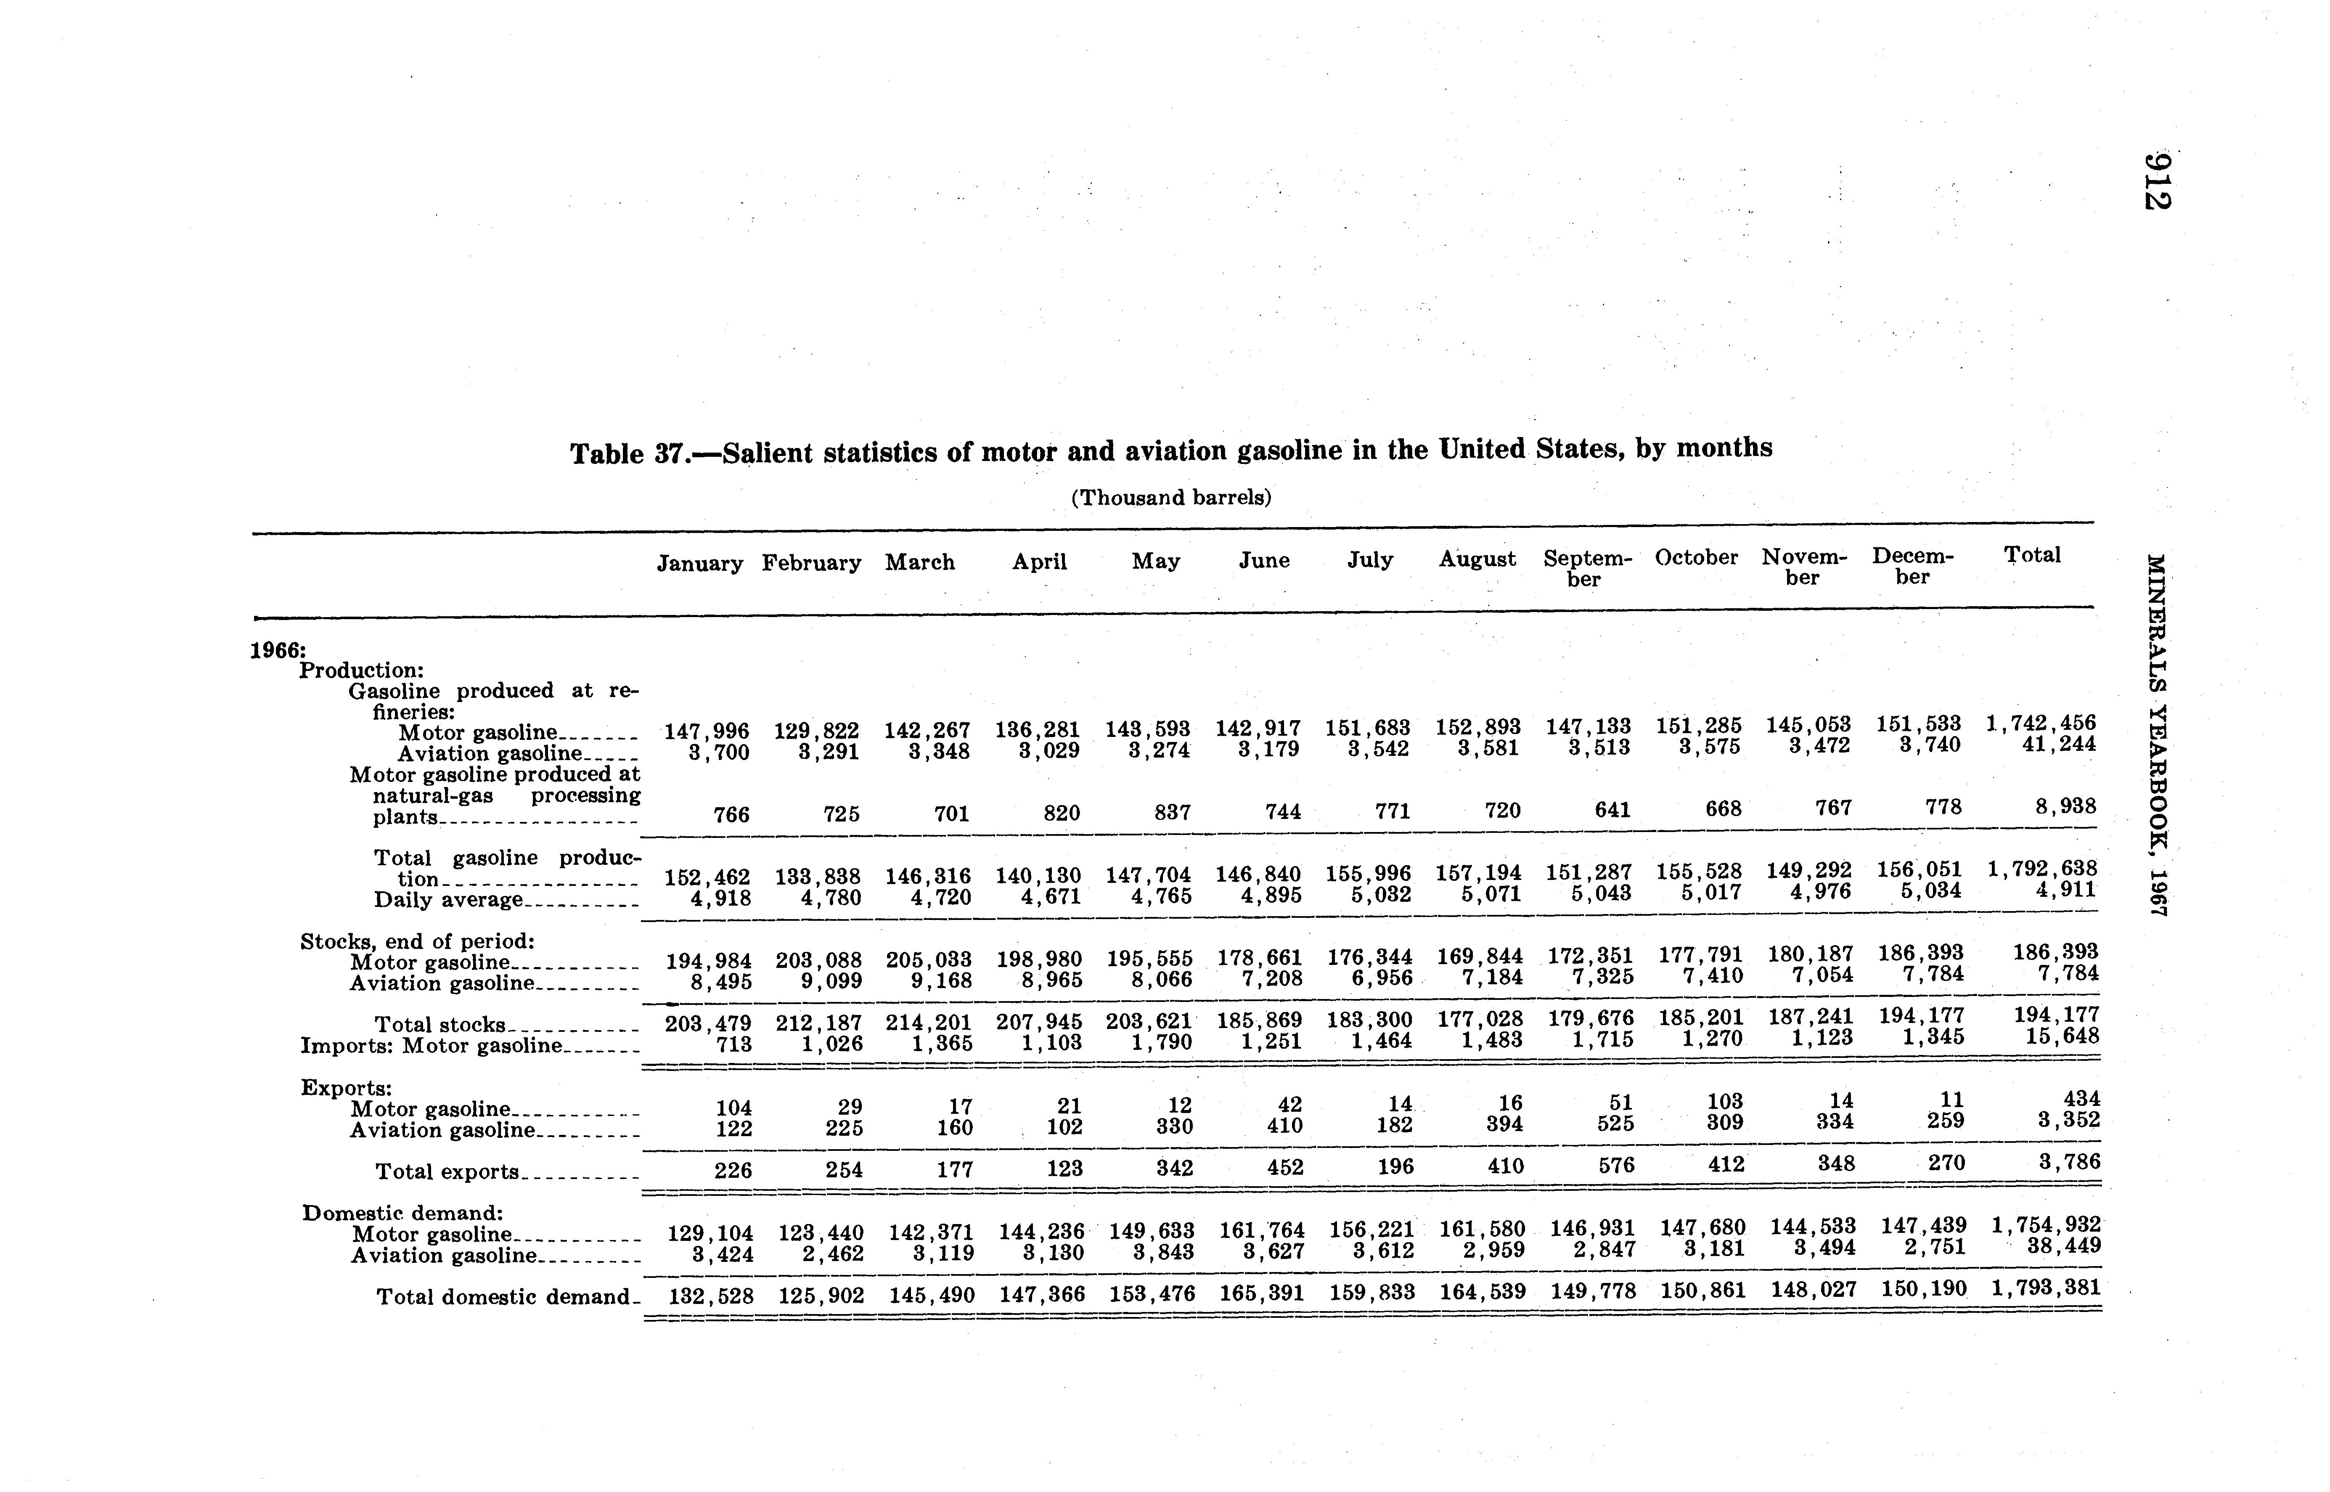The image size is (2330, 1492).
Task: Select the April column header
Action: point(1039,562)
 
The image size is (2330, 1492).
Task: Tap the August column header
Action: point(1477,559)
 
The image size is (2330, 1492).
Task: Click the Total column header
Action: point(2032,555)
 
